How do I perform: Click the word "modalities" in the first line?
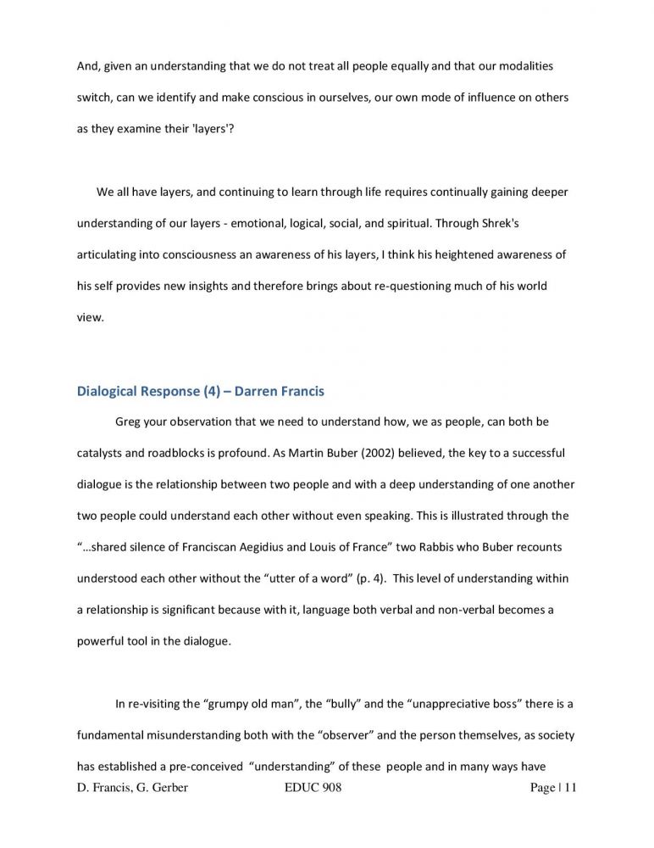click(x=526, y=66)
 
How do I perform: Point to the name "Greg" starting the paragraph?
click(x=127, y=421)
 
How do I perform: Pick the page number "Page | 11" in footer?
click(x=552, y=789)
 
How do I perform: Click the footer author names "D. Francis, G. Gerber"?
click(x=132, y=789)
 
